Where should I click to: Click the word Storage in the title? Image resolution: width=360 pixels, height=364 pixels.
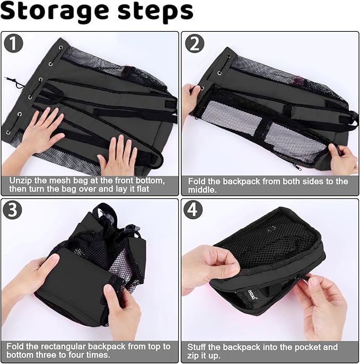pos(55,12)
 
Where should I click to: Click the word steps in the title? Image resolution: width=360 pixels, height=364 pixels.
pos(155,12)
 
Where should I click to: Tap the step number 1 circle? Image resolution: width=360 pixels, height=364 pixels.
pos(13,43)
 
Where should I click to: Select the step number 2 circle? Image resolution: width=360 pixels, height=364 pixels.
pos(195,44)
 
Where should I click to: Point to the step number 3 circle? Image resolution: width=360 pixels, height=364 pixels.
pos(13,210)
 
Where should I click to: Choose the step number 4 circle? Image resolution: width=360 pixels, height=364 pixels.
pos(193,210)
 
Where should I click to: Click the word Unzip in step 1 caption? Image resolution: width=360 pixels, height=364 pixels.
pos(20,180)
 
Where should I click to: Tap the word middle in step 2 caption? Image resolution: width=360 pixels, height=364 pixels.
pos(201,190)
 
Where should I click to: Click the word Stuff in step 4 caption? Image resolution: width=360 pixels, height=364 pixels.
pos(197,347)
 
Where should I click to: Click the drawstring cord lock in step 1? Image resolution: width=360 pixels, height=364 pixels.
pos(16,84)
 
